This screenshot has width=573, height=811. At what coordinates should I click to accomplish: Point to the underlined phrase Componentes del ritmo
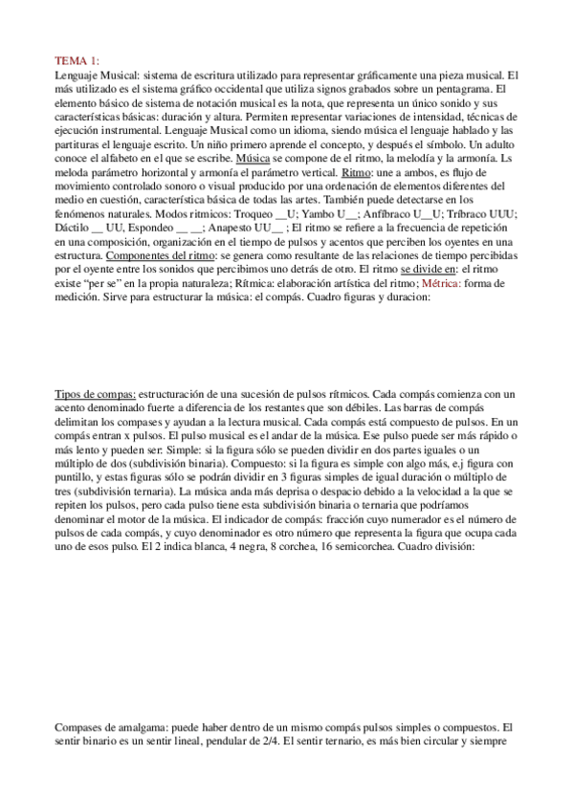[162, 258]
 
